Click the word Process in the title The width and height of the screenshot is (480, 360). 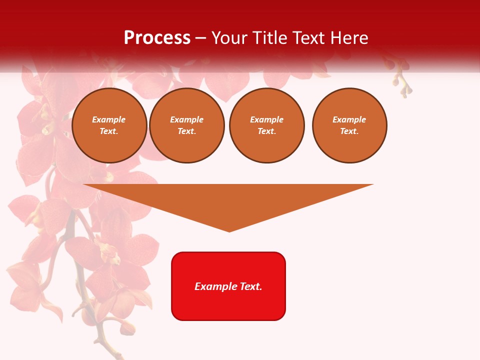tap(157, 38)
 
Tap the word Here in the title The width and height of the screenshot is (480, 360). tap(347, 38)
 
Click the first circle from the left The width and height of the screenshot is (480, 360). tap(109, 125)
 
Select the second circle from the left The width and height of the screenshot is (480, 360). tap(187, 125)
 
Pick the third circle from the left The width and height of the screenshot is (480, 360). tap(267, 125)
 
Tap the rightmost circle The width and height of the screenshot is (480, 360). tap(349, 125)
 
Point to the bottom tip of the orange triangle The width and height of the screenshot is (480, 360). tap(229, 231)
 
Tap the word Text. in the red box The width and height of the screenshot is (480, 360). tap(250, 286)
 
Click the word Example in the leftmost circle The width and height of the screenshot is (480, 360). tap(109, 119)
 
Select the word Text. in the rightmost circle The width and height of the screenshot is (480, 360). tap(349, 131)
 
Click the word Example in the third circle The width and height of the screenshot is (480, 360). tap(267, 119)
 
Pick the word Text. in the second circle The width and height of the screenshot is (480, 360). tap(187, 131)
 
